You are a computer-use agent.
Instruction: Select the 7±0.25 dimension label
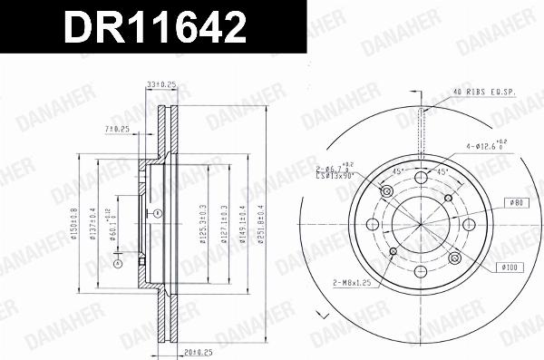(117, 129)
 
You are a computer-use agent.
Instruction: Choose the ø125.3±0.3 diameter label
(205, 217)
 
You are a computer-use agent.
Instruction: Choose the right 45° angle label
(442, 170)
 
